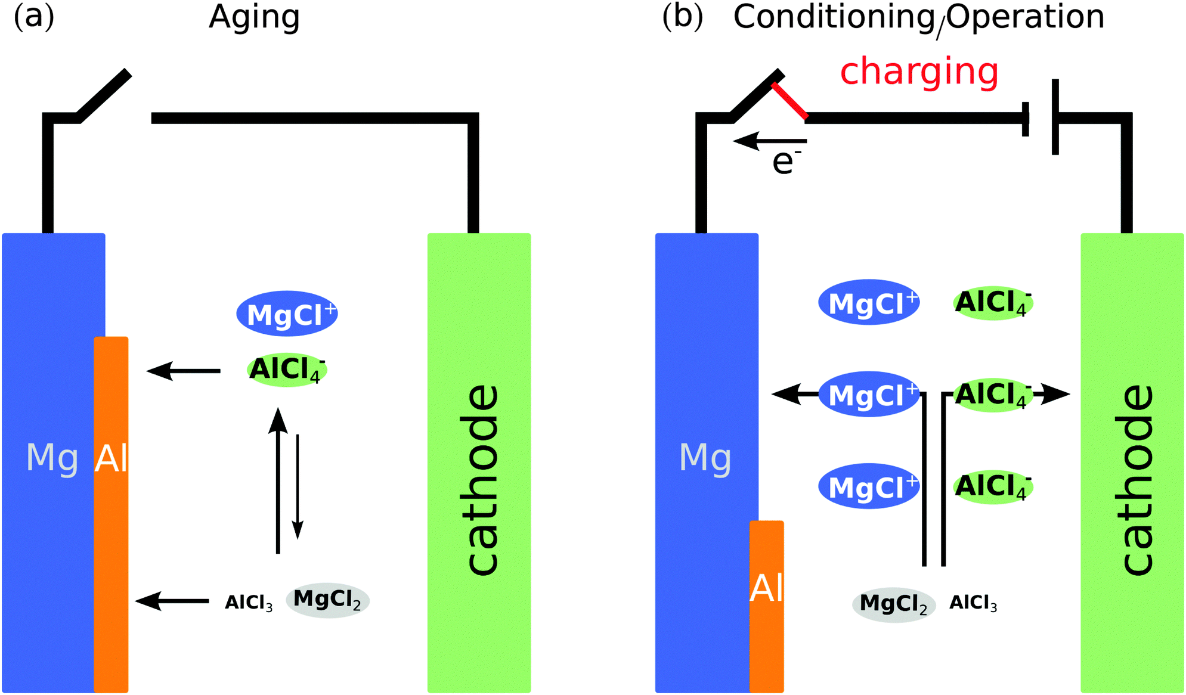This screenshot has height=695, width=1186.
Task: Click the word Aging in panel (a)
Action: [x=254, y=18]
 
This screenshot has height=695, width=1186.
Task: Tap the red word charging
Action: [x=919, y=72]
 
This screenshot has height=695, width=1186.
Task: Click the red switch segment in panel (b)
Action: [x=789, y=101]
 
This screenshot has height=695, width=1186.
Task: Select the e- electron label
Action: [x=786, y=162]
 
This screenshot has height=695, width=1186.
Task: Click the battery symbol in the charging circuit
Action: [x=1041, y=117]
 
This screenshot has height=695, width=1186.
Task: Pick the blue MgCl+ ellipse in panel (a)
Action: [x=287, y=314]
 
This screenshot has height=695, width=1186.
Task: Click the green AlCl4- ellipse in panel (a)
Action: [x=287, y=370]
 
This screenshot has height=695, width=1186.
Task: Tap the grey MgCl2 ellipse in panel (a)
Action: [x=327, y=600]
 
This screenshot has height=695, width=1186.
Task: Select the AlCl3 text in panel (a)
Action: [x=249, y=603]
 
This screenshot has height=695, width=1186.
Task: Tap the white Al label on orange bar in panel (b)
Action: [x=766, y=589]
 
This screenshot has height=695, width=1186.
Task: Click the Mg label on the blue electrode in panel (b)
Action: [x=705, y=458]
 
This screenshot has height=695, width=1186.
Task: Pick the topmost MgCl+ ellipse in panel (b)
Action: [x=869, y=303]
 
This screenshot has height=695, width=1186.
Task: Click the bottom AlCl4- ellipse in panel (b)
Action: [x=993, y=486]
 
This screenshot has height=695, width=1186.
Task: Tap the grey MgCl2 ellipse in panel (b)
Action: [x=893, y=604]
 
